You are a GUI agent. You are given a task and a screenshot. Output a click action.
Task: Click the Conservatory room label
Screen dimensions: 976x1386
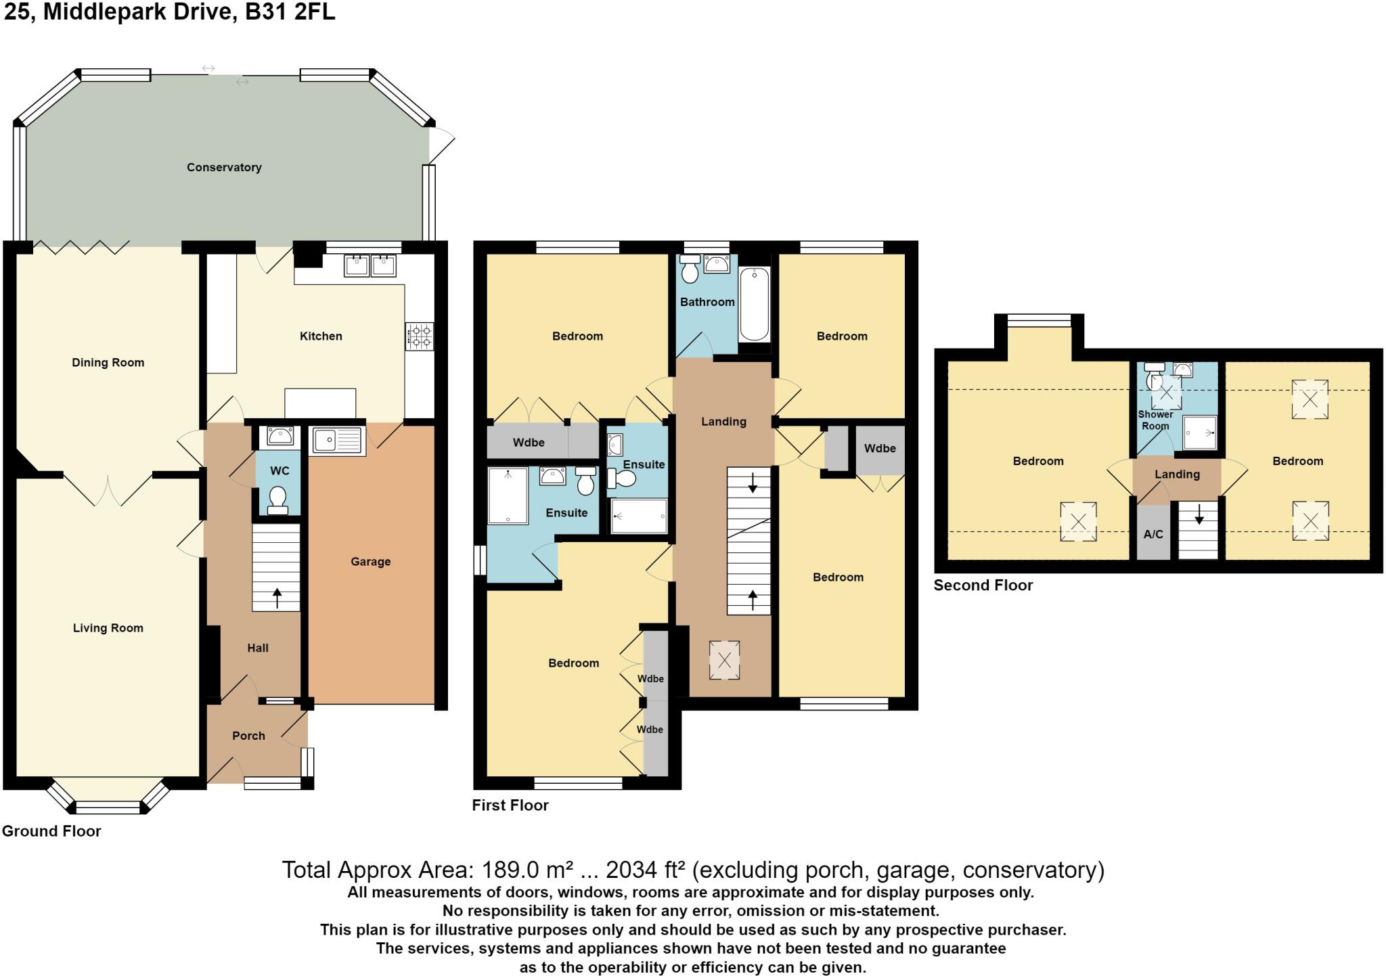point(224,167)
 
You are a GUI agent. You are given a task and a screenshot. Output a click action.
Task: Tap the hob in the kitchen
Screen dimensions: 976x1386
point(420,336)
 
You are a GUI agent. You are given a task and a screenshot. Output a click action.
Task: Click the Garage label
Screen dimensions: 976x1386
point(370,561)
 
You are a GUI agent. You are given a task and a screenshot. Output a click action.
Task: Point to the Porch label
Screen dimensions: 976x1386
point(248,736)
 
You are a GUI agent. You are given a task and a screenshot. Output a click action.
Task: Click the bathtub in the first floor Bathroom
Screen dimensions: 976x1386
point(754,304)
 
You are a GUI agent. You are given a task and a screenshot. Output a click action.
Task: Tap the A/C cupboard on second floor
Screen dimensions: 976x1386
point(1153,534)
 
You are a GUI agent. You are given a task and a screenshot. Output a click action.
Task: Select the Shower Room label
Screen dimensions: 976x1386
point(1155,420)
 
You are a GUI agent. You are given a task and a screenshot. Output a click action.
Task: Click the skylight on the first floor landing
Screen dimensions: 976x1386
point(724,660)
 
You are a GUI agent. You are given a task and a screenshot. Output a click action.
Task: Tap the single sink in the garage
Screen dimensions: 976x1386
point(337,441)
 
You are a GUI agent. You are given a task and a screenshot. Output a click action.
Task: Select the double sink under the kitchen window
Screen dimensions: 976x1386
point(370,265)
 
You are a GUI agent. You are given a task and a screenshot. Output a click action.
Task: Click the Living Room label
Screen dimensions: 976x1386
point(108,628)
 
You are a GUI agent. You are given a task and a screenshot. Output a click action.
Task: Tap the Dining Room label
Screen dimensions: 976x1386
point(108,363)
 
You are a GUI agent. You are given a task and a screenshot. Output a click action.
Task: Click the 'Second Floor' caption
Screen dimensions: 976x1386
point(983,585)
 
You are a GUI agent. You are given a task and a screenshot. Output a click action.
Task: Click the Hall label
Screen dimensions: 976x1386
point(258,648)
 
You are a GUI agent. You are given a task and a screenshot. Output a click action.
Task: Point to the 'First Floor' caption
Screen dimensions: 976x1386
point(510,805)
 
